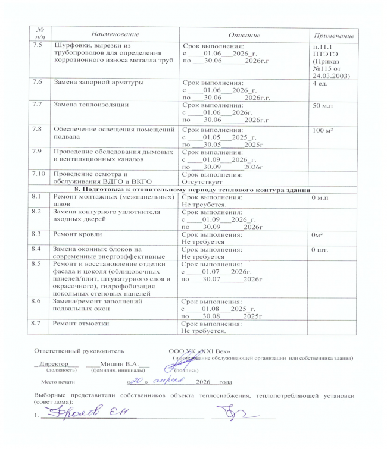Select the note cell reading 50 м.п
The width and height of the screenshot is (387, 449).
pos(324,105)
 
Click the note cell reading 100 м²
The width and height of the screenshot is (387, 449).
pos(325,129)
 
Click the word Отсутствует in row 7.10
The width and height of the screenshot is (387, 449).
pos(203,182)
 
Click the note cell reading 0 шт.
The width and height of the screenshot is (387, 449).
pos(320,250)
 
